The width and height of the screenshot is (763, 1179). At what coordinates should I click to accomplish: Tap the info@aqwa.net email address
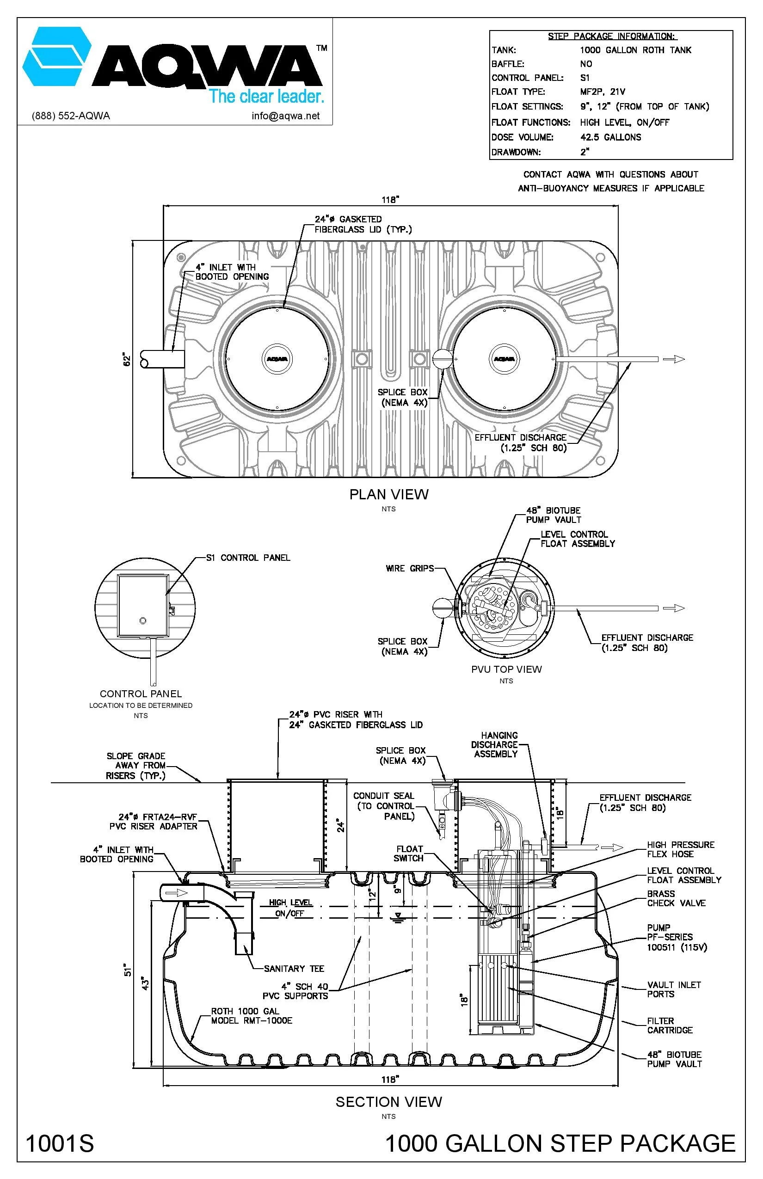[285, 116]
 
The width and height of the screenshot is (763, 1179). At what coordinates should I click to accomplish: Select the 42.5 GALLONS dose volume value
[610, 137]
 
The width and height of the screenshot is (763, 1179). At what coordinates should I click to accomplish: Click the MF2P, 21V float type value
[603, 92]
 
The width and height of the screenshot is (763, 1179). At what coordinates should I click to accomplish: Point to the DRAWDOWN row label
[516, 152]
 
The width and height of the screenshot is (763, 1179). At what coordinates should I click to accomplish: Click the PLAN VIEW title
[388, 494]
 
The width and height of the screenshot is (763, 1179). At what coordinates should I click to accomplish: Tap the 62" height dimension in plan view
[127, 360]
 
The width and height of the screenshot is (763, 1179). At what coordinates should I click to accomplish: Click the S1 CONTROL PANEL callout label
[248, 558]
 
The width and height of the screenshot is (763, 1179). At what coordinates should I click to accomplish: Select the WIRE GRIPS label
[409, 568]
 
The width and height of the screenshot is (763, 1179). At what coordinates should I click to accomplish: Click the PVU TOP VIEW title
[506, 669]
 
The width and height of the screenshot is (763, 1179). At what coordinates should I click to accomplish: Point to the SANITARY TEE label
[294, 968]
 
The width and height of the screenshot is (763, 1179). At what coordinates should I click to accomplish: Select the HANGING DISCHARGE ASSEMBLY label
[495, 744]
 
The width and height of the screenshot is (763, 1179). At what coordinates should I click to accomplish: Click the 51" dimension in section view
[128, 970]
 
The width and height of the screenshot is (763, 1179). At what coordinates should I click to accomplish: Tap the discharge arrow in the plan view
[673, 359]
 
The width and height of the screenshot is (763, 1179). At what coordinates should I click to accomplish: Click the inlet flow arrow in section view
[176, 893]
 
